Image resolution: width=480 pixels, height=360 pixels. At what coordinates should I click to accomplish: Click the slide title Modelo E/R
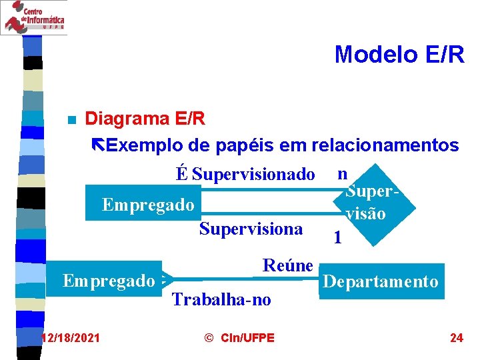tap(399, 54)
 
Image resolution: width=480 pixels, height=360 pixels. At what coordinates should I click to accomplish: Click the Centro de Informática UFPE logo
tap(33, 17)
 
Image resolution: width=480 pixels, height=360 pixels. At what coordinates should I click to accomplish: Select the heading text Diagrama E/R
tap(145, 119)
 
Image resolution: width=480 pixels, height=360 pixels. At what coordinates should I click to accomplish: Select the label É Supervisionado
tap(245, 175)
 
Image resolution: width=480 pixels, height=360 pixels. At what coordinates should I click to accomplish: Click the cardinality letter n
tap(342, 173)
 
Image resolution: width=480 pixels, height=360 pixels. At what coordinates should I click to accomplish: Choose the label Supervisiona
tap(251, 229)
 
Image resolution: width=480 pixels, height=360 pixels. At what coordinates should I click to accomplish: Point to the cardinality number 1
tap(339, 237)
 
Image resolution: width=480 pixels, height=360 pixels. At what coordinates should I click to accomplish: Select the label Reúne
tap(287, 265)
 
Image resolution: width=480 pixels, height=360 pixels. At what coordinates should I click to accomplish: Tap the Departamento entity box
tap(381, 281)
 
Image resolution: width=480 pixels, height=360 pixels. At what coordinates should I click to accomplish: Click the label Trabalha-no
tap(221, 300)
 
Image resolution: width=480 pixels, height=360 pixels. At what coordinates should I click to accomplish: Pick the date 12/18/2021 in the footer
tap(70, 338)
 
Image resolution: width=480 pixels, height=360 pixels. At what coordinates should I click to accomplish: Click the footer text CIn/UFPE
tap(239, 338)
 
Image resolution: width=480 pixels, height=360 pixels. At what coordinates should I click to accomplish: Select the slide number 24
tap(456, 338)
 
